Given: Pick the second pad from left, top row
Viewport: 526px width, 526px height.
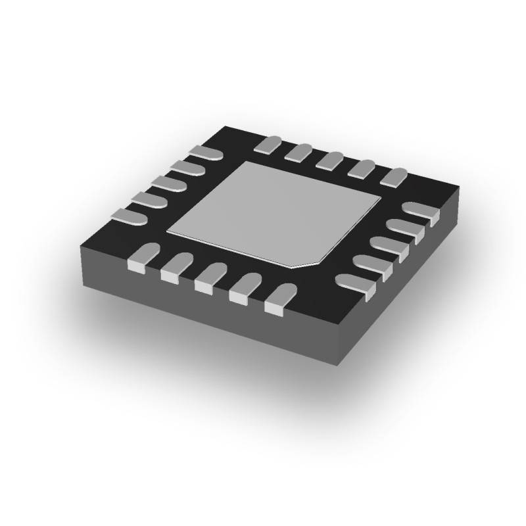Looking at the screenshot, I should point(299,153).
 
